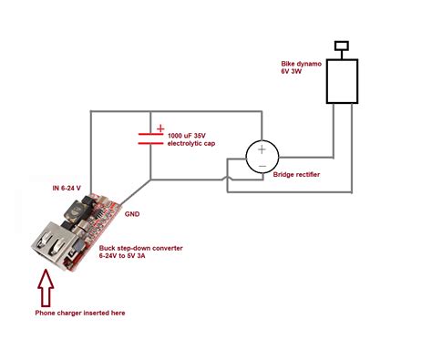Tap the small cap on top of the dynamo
[x=343, y=45]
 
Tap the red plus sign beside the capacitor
[x=161, y=129]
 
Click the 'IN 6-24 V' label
[x=73, y=188]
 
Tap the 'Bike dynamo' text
[x=301, y=65]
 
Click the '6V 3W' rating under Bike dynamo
[x=294, y=74]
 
